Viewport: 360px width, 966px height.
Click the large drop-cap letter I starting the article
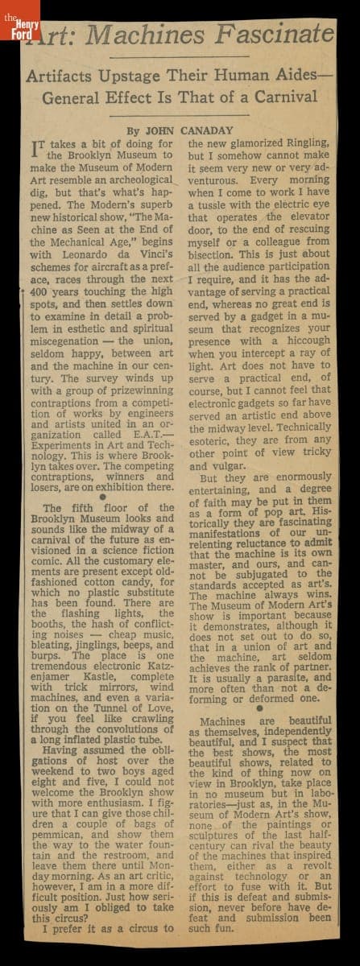[35, 147]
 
